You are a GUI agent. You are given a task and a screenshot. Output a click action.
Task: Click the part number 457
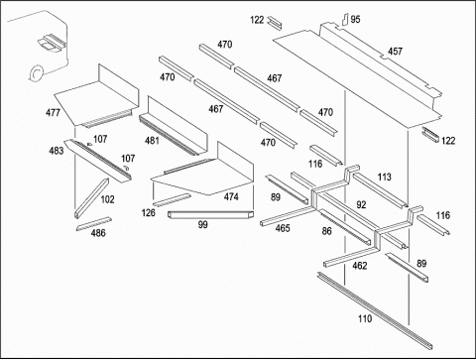[395, 52]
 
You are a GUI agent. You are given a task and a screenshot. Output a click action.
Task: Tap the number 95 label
[355, 20]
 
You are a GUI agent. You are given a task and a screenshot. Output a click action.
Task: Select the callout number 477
[53, 113]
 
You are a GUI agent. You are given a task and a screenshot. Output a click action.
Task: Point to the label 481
[152, 141]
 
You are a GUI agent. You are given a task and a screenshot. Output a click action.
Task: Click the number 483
[57, 151]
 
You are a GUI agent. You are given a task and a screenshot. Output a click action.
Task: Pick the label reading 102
[107, 199]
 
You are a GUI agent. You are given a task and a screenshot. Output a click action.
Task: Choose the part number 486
[98, 233]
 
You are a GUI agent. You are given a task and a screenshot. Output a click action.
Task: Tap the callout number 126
[148, 212]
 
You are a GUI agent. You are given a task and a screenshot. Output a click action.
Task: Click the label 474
[231, 196]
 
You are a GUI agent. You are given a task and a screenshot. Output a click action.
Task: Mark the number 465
[283, 228]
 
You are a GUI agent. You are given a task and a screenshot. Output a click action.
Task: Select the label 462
[360, 266]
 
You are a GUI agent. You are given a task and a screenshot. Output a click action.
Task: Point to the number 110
[365, 318]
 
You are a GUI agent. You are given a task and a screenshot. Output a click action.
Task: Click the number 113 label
[384, 178]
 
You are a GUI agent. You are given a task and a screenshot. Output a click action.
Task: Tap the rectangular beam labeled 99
[211, 215]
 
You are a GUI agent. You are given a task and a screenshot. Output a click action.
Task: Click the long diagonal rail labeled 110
[375, 310]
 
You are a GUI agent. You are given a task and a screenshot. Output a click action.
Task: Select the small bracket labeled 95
[345, 19]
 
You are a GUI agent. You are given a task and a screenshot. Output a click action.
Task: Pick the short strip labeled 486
[94, 223]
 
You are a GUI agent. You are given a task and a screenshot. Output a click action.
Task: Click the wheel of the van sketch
[36, 73]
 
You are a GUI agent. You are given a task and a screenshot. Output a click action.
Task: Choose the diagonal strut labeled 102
[92, 198]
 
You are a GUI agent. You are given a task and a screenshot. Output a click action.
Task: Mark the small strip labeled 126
[172, 200]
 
